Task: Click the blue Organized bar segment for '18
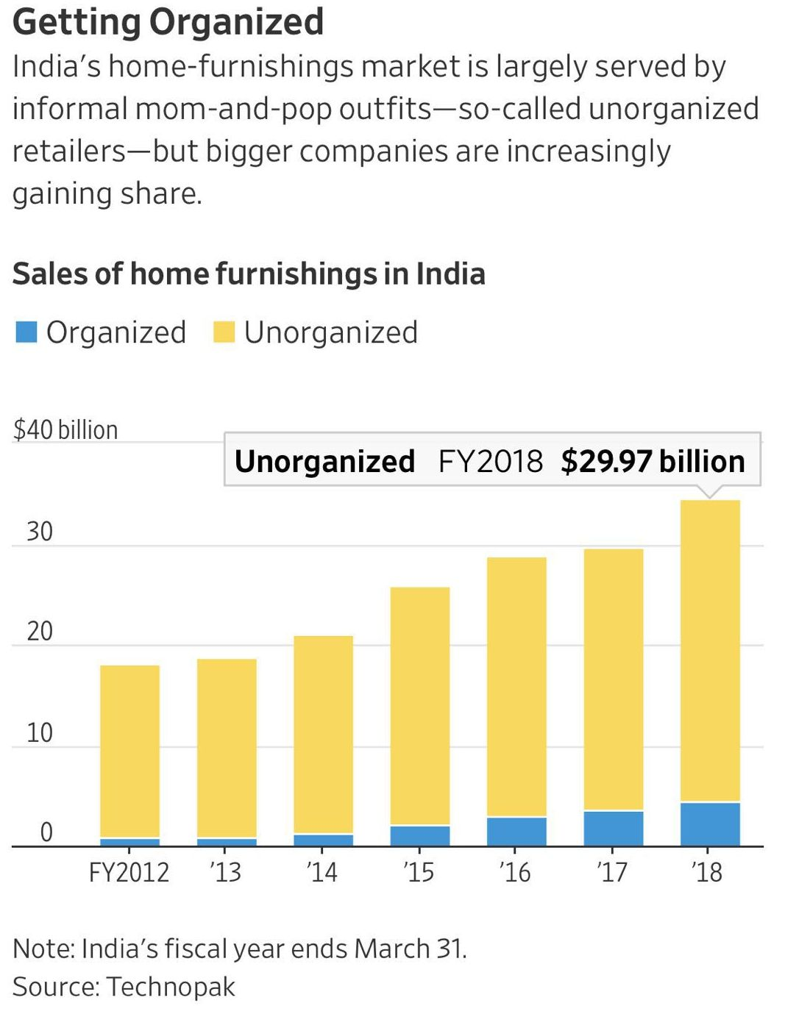(x=710, y=824)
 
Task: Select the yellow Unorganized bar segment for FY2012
(x=129, y=751)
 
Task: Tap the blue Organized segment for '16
(x=516, y=832)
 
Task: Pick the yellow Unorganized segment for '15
(x=419, y=706)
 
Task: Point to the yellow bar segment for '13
(x=227, y=748)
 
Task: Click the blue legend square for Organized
(x=26, y=332)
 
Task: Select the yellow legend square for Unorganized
(x=224, y=332)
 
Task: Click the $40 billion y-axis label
(x=65, y=430)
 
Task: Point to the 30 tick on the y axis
(x=40, y=532)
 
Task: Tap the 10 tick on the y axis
(x=40, y=733)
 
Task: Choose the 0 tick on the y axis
(x=46, y=832)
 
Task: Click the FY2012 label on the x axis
(x=129, y=873)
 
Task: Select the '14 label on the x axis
(x=322, y=873)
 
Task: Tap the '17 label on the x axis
(x=612, y=873)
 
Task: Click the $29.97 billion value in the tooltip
(x=653, y=462)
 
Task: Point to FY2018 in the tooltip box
(x=490, y=462)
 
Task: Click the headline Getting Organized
(x=168, y=21)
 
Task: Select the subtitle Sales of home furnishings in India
(x=249, y=274)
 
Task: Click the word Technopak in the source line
(x=171, y=987)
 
